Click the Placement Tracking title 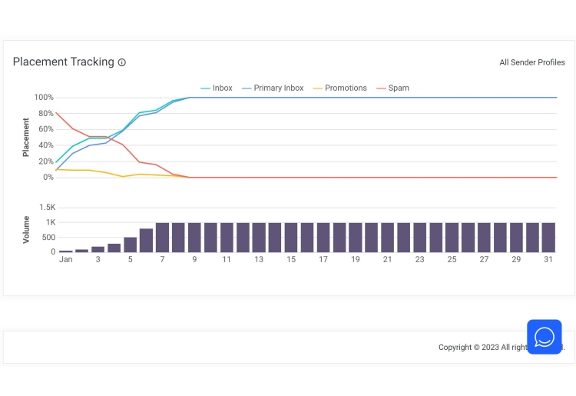[x=63, y=62]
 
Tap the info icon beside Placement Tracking [x=122, y=62]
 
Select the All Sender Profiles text [x=531, y=62]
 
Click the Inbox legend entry [x=217, y=88]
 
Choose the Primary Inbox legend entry [x=273, y=88]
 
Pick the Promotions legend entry [x=340, y=88]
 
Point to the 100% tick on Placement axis [x=44, y=98]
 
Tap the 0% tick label [x=47, y=178]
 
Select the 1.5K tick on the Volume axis [x=46, y=208]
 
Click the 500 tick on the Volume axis [x=48, y=238]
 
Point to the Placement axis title [x=26, y=137]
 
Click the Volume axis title [x=26, y=230]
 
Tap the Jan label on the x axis [x=66, y=260]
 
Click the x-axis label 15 [x=291, y=260]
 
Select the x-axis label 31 [x=548, y=260]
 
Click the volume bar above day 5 [x=131, y=245]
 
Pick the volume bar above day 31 [x=548, y=238]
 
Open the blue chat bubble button [x=545, y=337]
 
